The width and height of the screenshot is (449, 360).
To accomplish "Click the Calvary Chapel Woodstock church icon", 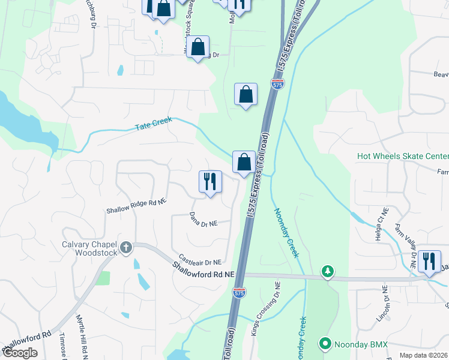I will (x=125, y=247).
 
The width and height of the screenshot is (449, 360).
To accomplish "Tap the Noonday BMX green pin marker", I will (x=325, y=344).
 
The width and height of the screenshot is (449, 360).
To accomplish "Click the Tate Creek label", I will (x=153, y=124).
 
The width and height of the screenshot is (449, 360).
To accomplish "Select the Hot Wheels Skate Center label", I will (x=402, y=156).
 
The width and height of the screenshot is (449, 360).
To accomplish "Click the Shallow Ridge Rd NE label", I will (x=136, y=206).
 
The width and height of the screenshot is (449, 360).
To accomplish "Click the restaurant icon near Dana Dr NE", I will (x=210, y=181).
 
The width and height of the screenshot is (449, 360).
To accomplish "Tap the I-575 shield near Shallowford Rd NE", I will (x=238, y=292).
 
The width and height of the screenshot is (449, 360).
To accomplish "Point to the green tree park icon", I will (x=327, y=272).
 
